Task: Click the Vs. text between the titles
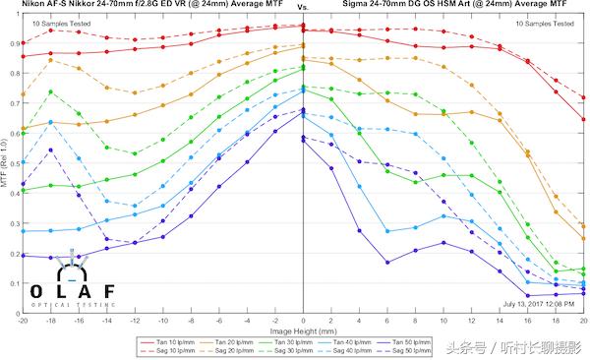point(302,7)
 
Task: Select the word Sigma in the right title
point(359,5)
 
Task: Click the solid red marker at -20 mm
point(22,57)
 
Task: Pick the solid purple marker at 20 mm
point(583,293)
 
